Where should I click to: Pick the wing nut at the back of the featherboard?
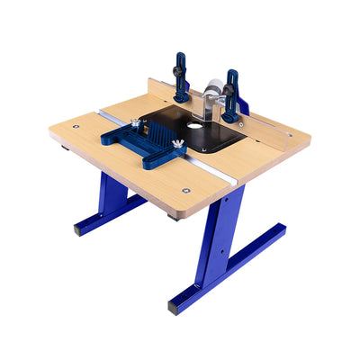pos(136,123)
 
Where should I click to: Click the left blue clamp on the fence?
pos(181,78)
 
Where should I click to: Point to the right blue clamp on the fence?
pos(232,95)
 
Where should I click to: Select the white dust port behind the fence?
pos(211,91)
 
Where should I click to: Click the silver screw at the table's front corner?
pos(185,190)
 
